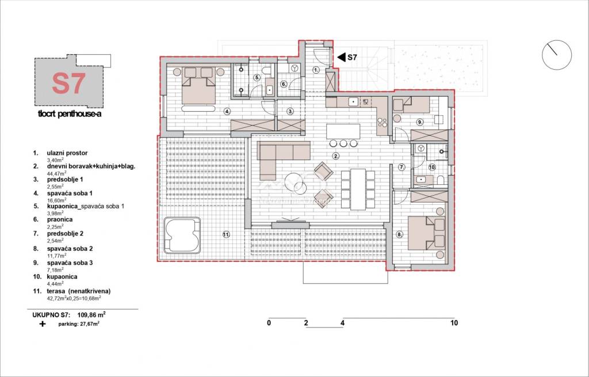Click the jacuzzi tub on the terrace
182,235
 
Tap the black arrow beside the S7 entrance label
342,57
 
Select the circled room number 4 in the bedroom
227,111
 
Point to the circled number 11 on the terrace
225,235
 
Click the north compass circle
557,55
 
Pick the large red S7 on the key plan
69,83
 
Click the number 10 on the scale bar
454,322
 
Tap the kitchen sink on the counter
353,101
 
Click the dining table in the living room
358,189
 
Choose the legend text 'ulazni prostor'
67,153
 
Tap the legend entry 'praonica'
60,219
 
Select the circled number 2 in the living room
336,155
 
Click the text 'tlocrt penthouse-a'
70,114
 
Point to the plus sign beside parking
43,323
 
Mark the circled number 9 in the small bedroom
420,122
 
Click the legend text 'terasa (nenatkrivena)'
79,291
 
